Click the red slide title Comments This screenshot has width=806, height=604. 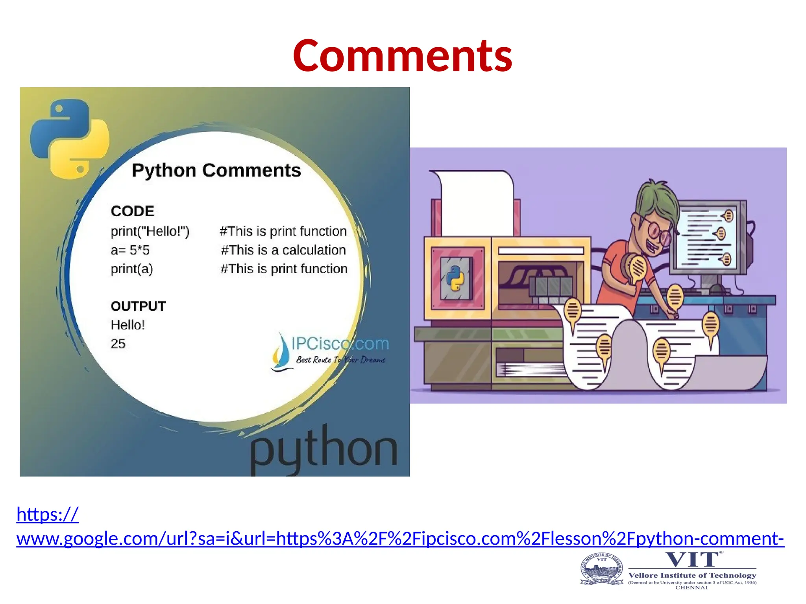pos(402,56)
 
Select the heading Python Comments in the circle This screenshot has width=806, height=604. pos(216,171)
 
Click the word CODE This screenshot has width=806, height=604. pos(132,211)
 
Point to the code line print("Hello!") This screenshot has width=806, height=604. pos(150,231)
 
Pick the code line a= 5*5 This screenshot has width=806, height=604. pos(130,250)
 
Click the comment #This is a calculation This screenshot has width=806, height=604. pos(283,250)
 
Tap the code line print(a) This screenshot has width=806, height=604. pos(131,269)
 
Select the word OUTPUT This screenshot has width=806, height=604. pos(138,306)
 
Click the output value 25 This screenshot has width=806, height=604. pos(118,344)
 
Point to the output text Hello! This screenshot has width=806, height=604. pos(128,325)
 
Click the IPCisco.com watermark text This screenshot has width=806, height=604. pos(340,344)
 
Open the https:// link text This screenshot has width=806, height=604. pos(47,514)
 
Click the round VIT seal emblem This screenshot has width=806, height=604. pos(602,569)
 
